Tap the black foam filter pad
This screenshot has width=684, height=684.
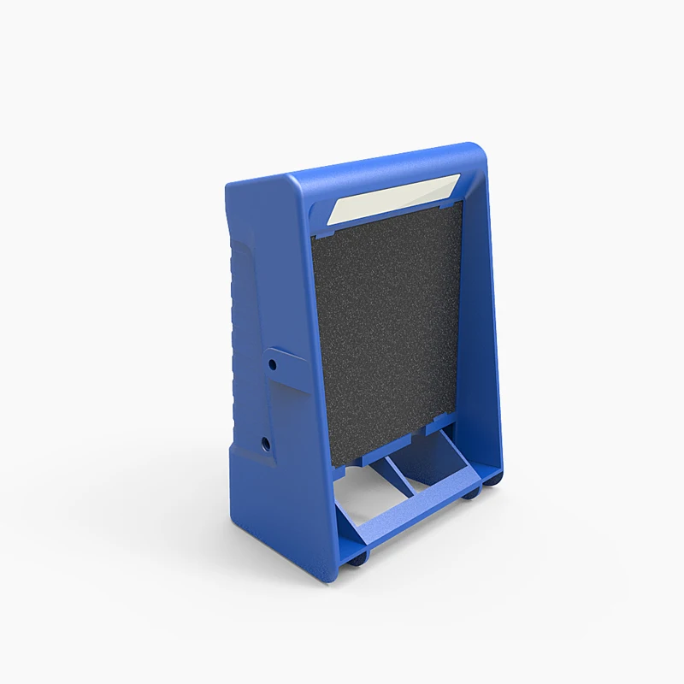tap(385, 333)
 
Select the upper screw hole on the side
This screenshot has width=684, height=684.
tap(273, 363)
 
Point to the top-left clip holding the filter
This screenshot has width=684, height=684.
tap(327, 228)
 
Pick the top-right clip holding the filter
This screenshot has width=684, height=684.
tap(451, 203)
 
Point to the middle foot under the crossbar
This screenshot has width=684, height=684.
tap(471, 493)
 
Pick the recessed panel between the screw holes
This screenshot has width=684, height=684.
tap(256, 402)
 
